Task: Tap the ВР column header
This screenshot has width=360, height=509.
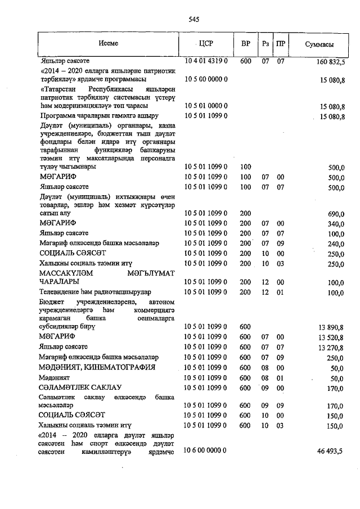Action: coord(245,44)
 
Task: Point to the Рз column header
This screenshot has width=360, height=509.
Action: coord(265,44)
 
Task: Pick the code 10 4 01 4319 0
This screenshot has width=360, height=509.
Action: coord(206,60)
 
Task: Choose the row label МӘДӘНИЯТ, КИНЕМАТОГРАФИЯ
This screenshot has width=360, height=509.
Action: coord(96,367)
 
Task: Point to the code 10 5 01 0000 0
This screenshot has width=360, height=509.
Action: coord(206,106)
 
